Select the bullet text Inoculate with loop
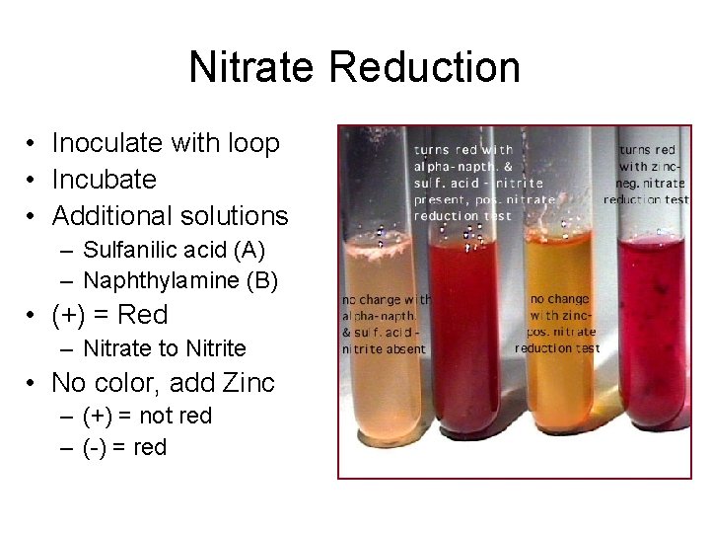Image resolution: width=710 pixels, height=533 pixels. (x=166, y=143)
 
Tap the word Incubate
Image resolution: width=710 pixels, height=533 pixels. (x=104, y=180)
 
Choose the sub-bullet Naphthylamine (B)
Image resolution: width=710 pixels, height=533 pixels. (x=180, y=281)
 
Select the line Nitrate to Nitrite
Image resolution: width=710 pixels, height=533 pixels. (x=165, y=348)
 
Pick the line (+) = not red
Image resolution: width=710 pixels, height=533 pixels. (x=148, y=417)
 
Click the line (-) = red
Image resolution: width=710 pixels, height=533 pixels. (x=125, y=447)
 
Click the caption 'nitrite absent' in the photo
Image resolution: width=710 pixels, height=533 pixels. (x=384, y=349)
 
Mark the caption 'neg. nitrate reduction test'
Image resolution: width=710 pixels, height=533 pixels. (x=647, y=191)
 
